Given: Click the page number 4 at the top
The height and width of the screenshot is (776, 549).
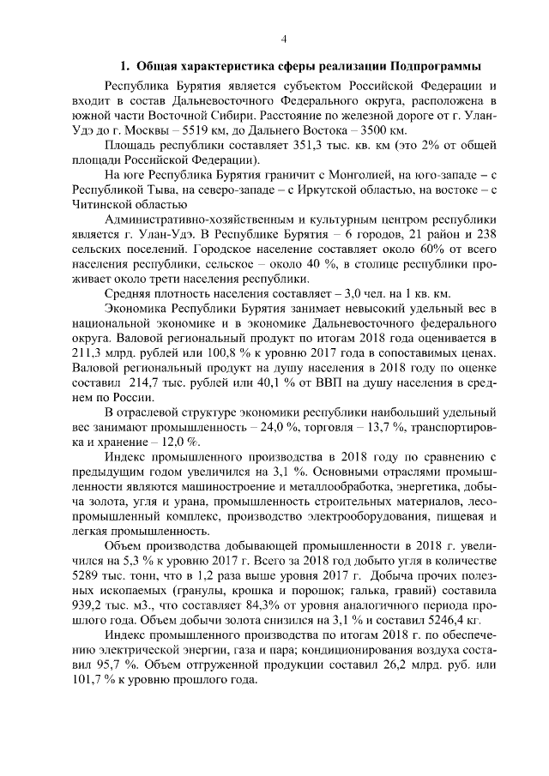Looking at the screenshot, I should coord(283,39).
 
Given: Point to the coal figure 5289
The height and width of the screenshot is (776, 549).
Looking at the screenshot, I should coord(92,575).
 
